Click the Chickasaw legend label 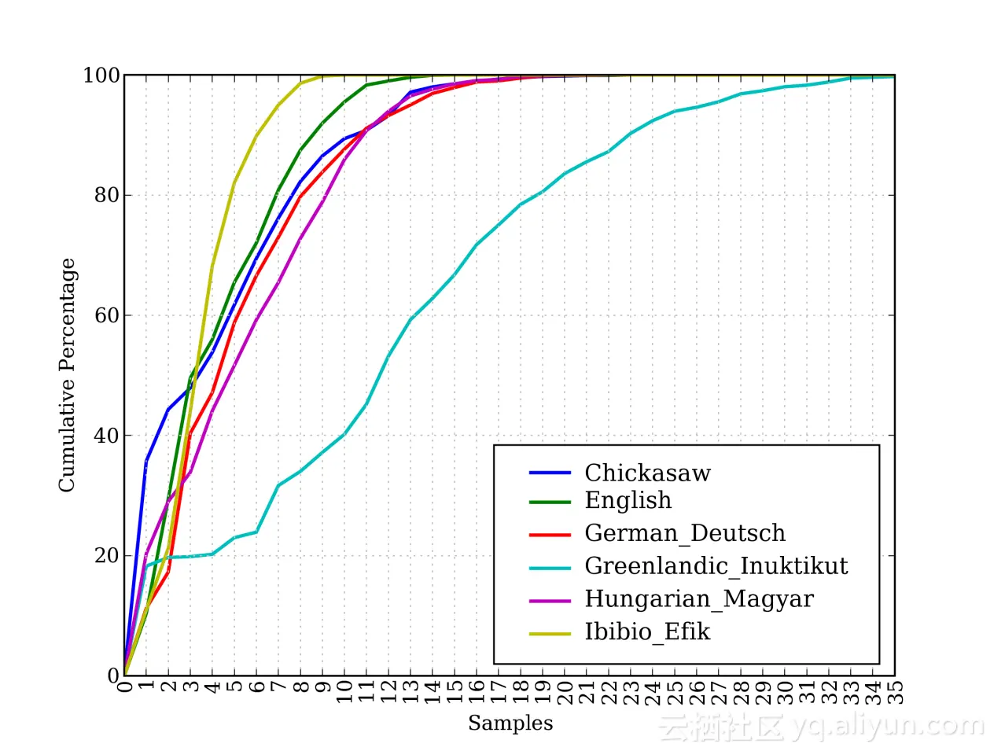[x=647, y=473]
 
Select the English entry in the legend [x=628, y=500]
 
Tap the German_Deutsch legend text [x=684, y=533]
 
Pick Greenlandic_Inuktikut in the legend [x=716, y=566]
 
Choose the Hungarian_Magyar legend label [x=698, y=599]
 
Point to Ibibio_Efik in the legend [x=647, y=632]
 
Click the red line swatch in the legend [x=550, y=534]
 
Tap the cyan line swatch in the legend [x=550, y=567]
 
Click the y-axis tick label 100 [x=101, y=75]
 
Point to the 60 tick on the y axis [x=107, y=315]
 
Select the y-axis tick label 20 [x=107, y=556]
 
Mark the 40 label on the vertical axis [x=107, y=436]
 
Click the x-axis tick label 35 [x=895, y=692]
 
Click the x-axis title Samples [x=510, y=723]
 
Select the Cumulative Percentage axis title [x=67, y=375]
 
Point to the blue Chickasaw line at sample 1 [x=146, y=461]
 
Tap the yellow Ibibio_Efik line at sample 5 [x=234, y=183]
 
